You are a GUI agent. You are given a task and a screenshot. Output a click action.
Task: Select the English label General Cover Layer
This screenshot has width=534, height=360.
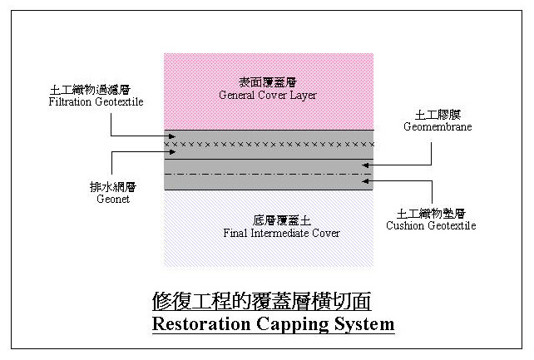tap(268, 96)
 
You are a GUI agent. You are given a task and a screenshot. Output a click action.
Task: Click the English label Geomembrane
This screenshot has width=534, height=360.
tap(438, 127)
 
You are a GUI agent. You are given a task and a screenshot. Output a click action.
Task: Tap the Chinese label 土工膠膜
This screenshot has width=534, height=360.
tap(438, 115)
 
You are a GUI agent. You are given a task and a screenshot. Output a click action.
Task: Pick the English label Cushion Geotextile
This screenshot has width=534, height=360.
tap(437, 225)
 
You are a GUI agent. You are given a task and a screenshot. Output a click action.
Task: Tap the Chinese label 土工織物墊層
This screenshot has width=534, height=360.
tap(437, 213)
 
